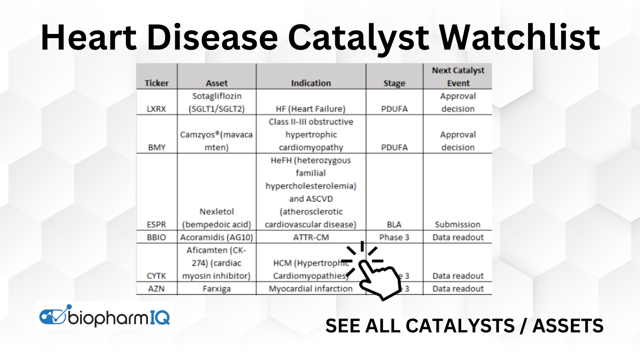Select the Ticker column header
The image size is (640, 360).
point(156,83)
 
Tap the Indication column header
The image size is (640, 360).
point(311,83)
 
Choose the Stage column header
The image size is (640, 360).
point(394,83)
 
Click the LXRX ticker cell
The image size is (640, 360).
point(156,109)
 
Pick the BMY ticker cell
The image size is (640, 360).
point(156,147)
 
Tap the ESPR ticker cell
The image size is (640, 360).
point(156,224)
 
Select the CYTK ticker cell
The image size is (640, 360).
point(156,276)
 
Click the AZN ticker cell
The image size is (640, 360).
point(156,288)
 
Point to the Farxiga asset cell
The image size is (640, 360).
point(216,288)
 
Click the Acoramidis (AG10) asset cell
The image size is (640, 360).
point(216,237)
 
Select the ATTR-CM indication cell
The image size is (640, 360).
point(311,237)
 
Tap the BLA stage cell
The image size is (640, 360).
point(394,224)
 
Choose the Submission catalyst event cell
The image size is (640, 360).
point(458,224)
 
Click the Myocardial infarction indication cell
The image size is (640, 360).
point(310,288)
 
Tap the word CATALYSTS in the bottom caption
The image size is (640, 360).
point(460,326)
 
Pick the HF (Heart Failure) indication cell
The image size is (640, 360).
point(310,109)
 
